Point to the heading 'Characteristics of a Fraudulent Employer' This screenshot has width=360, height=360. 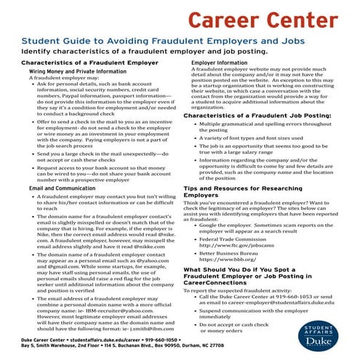80,64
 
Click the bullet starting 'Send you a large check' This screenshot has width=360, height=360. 101,157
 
